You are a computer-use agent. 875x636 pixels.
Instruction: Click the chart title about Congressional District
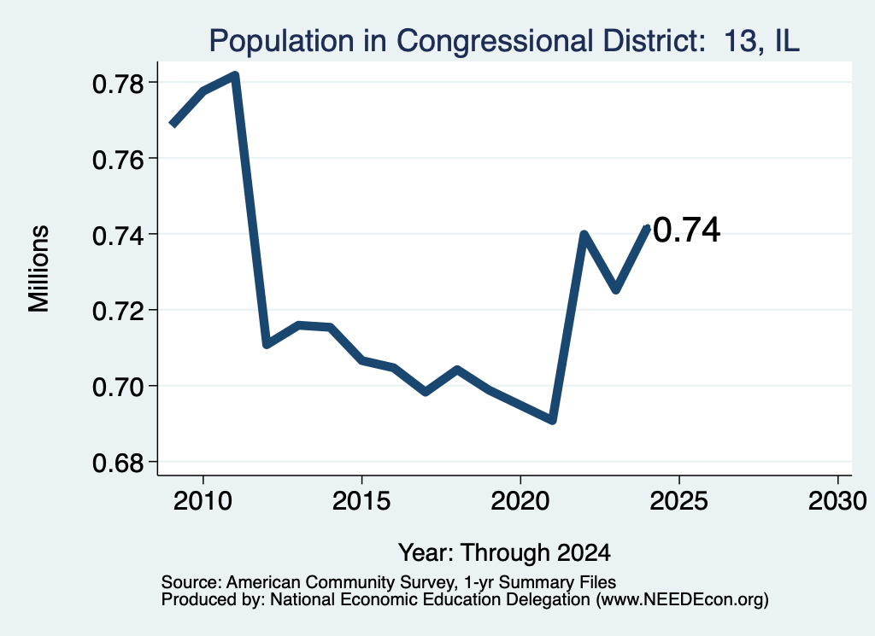click(x=504, y=41)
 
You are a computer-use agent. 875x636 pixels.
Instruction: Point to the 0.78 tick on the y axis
click(x=118, y=85)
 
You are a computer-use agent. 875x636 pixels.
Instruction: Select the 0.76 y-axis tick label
click(x=118, y=160)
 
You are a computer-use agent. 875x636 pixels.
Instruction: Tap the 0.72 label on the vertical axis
click(x=118, y=311)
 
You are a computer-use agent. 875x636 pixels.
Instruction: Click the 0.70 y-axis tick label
click(x=118, y=387)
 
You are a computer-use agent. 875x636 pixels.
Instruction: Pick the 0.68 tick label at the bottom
click(x=118, y=463)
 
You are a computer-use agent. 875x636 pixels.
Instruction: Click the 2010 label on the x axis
click(x=203, y=501)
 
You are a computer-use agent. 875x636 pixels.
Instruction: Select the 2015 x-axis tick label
click(x=361, y=501)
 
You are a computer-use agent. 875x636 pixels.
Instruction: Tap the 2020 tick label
click(x=520, y=501)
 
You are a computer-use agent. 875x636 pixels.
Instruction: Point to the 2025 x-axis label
click(x=678, y=501)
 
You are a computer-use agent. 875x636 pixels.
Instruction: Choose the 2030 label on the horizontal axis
click(x=837, y=501)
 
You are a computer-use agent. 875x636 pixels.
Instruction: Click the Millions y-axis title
click(x=39, y=269)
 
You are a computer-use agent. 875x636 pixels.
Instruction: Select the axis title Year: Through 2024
click(x=504, y=553)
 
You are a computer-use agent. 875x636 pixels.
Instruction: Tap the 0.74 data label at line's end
click(x=686, y=230)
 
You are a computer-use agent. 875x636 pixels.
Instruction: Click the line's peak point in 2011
click(x=235, y=74)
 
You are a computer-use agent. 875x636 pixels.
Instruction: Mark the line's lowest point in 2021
click(x=553, y=420)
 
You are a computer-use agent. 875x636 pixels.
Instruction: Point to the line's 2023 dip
click(x=615, y=289)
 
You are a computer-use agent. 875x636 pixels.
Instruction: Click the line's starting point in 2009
click(x=172, y=125)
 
